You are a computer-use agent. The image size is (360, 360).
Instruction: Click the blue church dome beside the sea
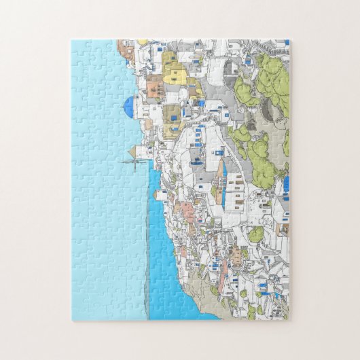pyautogui.click(x=129, y=104)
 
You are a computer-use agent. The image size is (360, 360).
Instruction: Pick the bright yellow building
pyautogui.click(x=174, y=72)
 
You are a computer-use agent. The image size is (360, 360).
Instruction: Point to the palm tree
pyautogui.click(x=281, y=174)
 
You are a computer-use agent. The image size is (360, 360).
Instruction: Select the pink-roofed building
pyautogui.click(x=185, y=207)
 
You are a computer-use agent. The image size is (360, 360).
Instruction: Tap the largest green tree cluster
pyautogui.click(x=272, y=82)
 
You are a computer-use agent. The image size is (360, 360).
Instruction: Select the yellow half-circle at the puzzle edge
pyautogui.click(x=143, y=42)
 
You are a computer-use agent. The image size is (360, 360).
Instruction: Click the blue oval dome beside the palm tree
pyautogui.click(x=285, y=183)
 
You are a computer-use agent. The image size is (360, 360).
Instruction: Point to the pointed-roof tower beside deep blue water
pyautogui.click(x=158, y=196)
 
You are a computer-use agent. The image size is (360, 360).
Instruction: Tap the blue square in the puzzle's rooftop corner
pyautogui.click(x=287, y=42)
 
